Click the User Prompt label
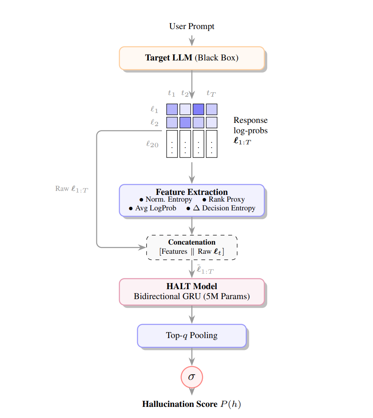tap(192, 27)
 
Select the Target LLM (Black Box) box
tap(192, 58)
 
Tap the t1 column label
tap(171, 93)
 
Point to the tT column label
tap(211, 93)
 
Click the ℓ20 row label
tap(152, 144)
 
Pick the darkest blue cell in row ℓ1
tap(198, 109)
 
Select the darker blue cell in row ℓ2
tap(185, 122)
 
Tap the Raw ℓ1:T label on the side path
tap(72, 189)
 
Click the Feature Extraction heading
tap(192, 192)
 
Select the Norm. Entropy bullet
tap(165, 200)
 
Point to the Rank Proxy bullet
tap(223, 200)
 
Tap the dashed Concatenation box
tap(192, 247)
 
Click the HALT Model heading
tap(192, 286)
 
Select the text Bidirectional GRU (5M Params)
tap(192, 296)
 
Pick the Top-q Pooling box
tap(192, 336)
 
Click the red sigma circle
tap(192, 376)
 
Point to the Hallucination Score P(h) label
tap(192, 404)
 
